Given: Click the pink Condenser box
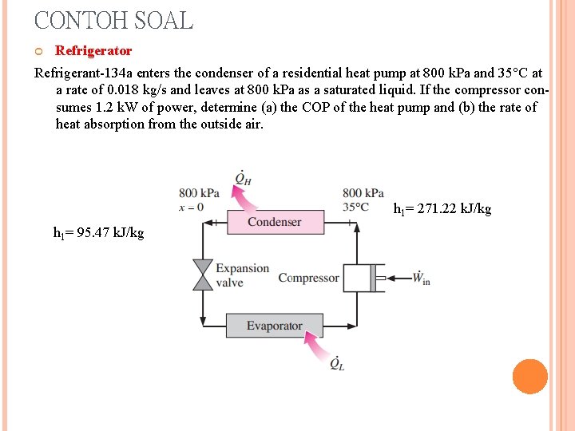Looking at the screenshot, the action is click(275, 222).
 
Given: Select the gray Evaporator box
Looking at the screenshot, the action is click(274, 326).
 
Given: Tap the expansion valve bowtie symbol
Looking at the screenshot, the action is click(203, 275).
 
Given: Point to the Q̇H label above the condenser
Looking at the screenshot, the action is click(243, 177).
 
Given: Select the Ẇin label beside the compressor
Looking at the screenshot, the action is click(421, 277).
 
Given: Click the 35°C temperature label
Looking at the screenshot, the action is click(355, 207).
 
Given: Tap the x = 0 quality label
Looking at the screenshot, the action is click(191, 207).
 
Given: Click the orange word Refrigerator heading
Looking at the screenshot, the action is click(93, 51).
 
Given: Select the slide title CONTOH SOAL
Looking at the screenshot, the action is click(113, 20).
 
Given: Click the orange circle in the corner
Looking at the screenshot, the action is click(529, 377).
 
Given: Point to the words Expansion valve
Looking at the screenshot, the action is click(242, 275).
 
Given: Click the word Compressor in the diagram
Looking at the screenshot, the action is click(308, 278).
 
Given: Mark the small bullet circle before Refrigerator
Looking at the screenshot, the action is click(40, 52).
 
